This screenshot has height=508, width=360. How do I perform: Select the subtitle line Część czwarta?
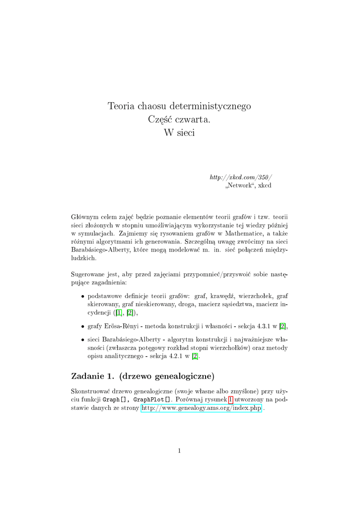click(x=179, y=120)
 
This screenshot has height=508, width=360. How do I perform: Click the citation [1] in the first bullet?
click(x=119, y=313)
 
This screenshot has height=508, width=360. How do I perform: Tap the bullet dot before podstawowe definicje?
click(x=82, y=297)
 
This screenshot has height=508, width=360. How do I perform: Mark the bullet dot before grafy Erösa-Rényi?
click(x=82, y=326)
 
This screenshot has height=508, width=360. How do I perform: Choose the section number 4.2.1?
click(x=172, y=356)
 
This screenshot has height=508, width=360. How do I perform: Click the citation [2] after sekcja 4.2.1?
click(x=195, y=356)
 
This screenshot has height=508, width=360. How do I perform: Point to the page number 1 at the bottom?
click(x=179, y=450)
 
